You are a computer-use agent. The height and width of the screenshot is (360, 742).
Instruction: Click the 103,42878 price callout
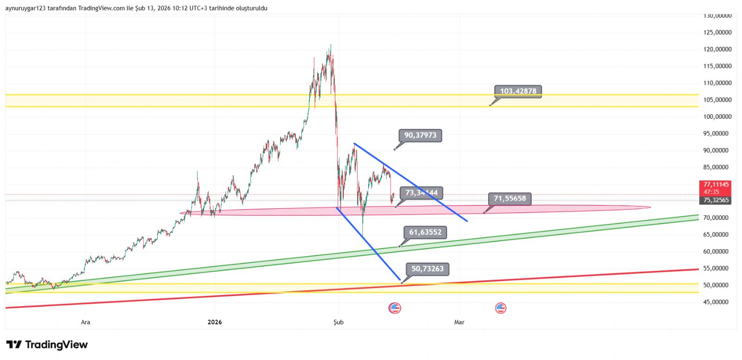(518, 91)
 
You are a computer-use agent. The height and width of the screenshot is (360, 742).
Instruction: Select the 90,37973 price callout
(420, 135)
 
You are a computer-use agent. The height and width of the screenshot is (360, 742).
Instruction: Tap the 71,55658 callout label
(510, 199)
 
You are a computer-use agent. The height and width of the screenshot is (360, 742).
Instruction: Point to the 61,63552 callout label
(425, 232)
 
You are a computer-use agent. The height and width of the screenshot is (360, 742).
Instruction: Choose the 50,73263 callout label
(427, 269)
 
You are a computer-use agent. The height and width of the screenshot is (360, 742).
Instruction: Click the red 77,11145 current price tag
(716, 185)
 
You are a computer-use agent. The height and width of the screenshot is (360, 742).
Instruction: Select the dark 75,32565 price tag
(716, 200)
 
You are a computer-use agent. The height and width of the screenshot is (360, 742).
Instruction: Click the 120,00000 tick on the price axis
(717, 49)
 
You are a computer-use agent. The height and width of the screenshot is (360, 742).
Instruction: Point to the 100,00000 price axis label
(717, 116)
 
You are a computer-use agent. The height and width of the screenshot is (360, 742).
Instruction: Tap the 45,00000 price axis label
(717, 302)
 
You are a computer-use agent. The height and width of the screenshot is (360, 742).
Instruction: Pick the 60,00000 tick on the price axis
(717, 251)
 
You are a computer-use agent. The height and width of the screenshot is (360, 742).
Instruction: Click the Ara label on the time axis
(85, 322)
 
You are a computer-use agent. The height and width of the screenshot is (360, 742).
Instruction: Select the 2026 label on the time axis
(215, 322)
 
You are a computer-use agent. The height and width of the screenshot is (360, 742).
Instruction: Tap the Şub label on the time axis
(339, 322)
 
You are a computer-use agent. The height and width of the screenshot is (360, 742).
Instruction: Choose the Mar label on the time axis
(459, 322)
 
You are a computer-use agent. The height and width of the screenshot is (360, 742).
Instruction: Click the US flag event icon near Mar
(500, 308)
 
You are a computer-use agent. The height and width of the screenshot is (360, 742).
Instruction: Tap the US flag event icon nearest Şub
(395, 308)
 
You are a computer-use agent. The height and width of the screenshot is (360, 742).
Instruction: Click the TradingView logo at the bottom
(47, 345)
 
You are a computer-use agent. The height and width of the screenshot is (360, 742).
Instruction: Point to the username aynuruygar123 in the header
(26, 8)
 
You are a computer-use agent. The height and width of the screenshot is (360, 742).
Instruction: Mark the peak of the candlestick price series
(331, 45)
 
